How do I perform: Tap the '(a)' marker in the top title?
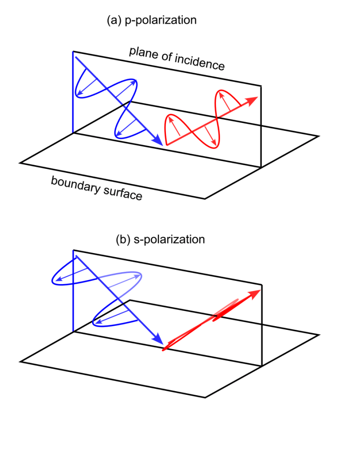click(114, 20)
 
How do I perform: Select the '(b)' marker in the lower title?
click(123, 239)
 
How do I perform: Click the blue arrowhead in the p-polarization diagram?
click(157, 140)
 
